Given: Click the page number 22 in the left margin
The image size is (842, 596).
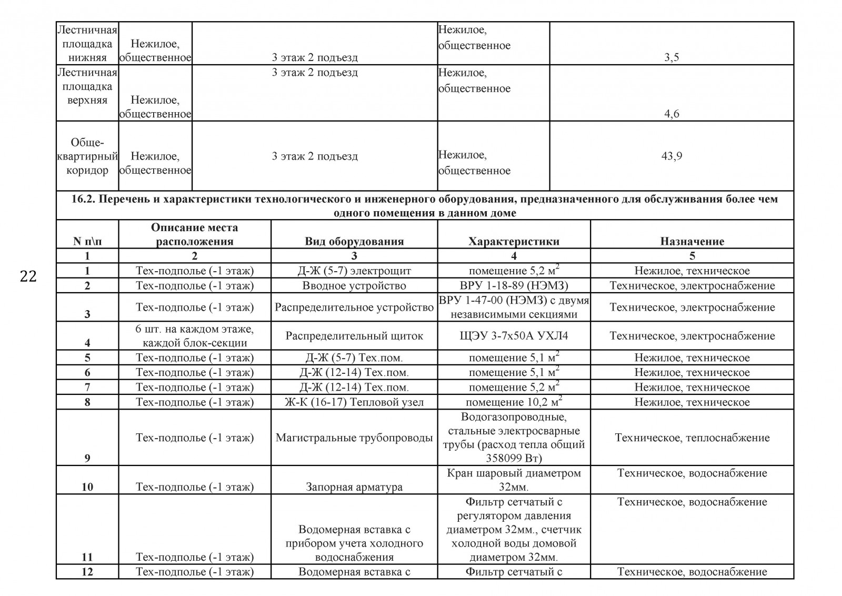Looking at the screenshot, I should coord(28,276).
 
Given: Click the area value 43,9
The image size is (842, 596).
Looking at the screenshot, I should coord(671,156).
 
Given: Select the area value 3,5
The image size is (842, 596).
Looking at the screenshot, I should coord(671,57).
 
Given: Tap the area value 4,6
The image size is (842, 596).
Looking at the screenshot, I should coord(671,114).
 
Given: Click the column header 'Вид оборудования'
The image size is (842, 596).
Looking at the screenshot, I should coord(354,241).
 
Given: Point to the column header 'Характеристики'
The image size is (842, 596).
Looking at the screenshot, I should coord(514,241).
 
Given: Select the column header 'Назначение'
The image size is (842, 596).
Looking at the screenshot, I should coord(692,241).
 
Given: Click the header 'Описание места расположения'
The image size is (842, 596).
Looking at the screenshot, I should coord(194,234).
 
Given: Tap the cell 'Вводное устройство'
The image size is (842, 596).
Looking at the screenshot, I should coord(354,285).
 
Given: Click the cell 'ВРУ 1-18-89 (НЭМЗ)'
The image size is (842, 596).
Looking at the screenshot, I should coord(514,285).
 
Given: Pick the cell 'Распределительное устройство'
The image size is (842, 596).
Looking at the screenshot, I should coord(354,307).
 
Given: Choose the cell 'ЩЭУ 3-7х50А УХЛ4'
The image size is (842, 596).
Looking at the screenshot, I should coord(514,336).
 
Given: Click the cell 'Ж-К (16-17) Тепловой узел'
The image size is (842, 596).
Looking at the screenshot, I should coord(354,402).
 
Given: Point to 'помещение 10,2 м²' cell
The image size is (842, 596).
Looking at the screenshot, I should coord(514,402).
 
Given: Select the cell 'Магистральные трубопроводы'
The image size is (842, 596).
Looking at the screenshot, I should coord(354,438).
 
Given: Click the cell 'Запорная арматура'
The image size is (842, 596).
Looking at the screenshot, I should coord(354,487).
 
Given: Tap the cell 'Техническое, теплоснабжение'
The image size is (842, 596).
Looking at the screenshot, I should coord(692,438).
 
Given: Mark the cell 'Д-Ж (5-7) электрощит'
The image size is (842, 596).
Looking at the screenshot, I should coord(354,271).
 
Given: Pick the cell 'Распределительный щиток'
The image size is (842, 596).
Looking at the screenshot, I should coord(354,336).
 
